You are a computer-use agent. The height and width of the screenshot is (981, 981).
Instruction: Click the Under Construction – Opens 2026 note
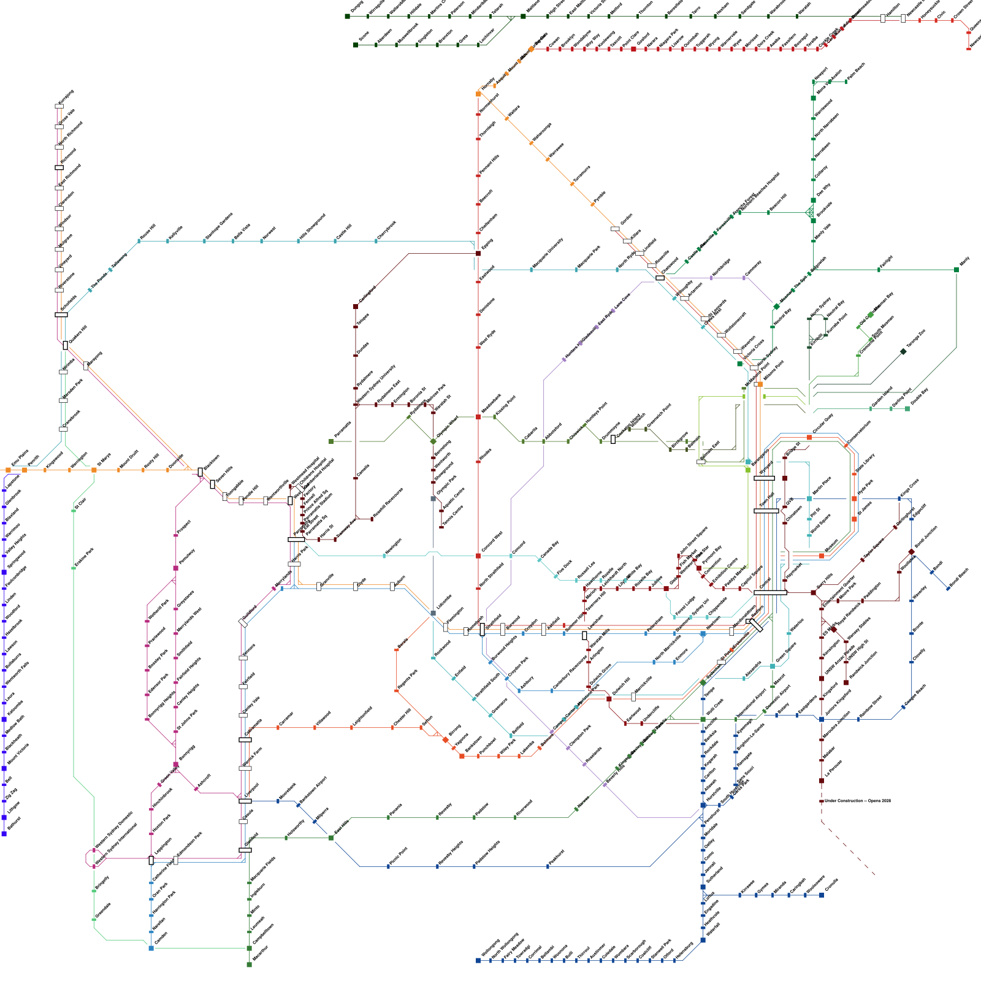pyautogui.click(x=857, y=801)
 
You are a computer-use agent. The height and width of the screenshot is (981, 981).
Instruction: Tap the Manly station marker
pyautogui.click(x=956, y=270)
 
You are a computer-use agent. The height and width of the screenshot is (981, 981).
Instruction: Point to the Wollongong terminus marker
pyautogui.click(x=478, y=960)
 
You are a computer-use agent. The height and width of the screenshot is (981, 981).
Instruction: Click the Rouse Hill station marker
pyautogui.click(x=139, y=241)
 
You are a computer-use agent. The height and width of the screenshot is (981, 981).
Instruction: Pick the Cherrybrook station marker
pyautogui.click(x=376, y=241)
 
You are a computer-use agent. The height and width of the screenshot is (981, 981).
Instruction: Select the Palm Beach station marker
pyautogui.click(x=846, y=82)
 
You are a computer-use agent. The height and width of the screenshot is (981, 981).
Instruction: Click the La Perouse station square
pyautogui.click(x=822, y=781)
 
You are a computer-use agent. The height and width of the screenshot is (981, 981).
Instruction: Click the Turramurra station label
pyautogui.click(x=581, y=174)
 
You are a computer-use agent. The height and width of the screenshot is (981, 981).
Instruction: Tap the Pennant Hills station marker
pyautogui.click(x=478, y=175)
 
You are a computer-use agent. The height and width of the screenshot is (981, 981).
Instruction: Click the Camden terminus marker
pyautogui.click(x=151, y=948)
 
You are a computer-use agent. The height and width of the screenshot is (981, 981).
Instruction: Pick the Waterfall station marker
pyautogui.click(x=703, y=940)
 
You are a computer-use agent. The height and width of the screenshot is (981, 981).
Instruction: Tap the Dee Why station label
pyautogui.click(x=823, y=190)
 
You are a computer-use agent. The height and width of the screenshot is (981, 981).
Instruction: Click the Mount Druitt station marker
pyautogui.click(x=118, y=470)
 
